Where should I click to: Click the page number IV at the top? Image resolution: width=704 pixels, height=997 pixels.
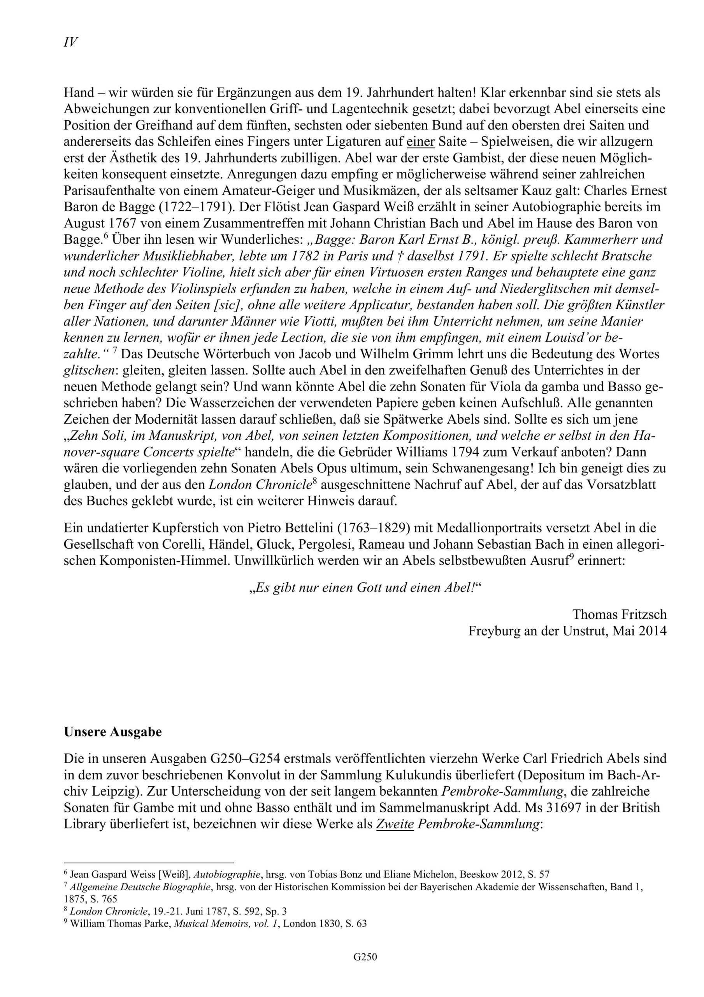click(x=71, y=42)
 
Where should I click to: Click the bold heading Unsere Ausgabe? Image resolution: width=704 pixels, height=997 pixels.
click(x=112, y=732)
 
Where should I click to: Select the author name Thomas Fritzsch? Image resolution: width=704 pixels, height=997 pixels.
click(x=620, y=614)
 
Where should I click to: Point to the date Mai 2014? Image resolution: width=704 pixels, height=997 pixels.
click(x=639, y=631)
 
